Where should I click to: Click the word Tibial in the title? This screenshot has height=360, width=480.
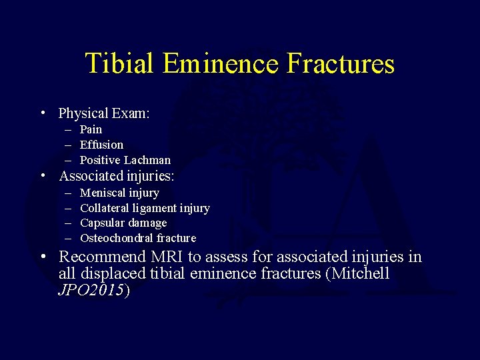[x=119, y=64]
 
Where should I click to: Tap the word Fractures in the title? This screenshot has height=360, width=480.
[x=341, y=64]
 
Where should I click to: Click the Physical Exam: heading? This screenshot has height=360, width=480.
[x=104, y=113]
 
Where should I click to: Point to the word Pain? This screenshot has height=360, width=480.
[x=91, y=129]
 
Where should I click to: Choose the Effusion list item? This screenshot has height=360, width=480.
[x=101, y=145]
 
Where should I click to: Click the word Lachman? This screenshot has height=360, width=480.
[x=147, y=160]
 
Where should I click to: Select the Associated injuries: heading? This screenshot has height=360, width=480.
[x=117, y=177]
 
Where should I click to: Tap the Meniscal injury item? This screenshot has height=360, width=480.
[x=119, y=193]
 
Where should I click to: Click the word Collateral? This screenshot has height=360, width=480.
[x=103, y=208]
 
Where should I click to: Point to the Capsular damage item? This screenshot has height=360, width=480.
[x=123, y=223]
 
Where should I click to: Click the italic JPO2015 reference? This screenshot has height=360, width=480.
[x=91, y=291]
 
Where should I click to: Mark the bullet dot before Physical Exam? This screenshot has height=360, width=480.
[x=42, y=113]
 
